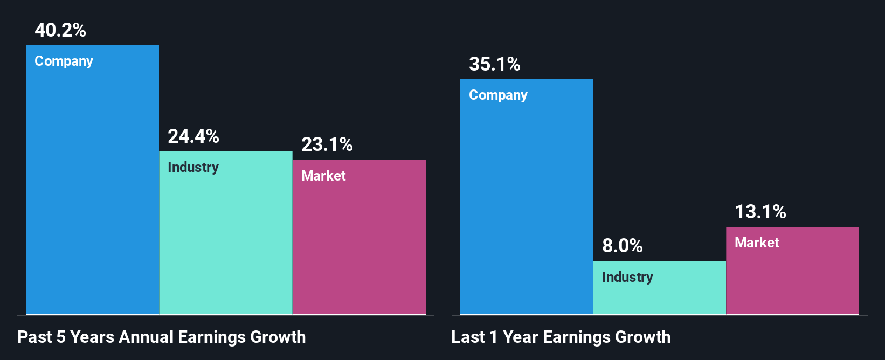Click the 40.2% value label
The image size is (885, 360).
60,30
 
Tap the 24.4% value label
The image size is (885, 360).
193,136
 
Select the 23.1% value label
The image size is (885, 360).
327,144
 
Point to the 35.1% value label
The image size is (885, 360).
495,65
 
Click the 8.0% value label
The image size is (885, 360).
623,246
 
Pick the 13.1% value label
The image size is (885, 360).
760,212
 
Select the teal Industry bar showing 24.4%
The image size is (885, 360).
226,243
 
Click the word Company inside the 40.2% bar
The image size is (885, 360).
64,61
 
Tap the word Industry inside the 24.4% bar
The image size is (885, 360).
193,168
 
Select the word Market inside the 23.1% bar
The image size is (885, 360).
323,176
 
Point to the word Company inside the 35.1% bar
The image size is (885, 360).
498,95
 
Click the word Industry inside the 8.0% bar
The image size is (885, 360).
627,278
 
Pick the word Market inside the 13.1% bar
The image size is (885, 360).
757,243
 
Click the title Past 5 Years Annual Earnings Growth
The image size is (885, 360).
162,337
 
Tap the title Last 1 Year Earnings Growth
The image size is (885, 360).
561,337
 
